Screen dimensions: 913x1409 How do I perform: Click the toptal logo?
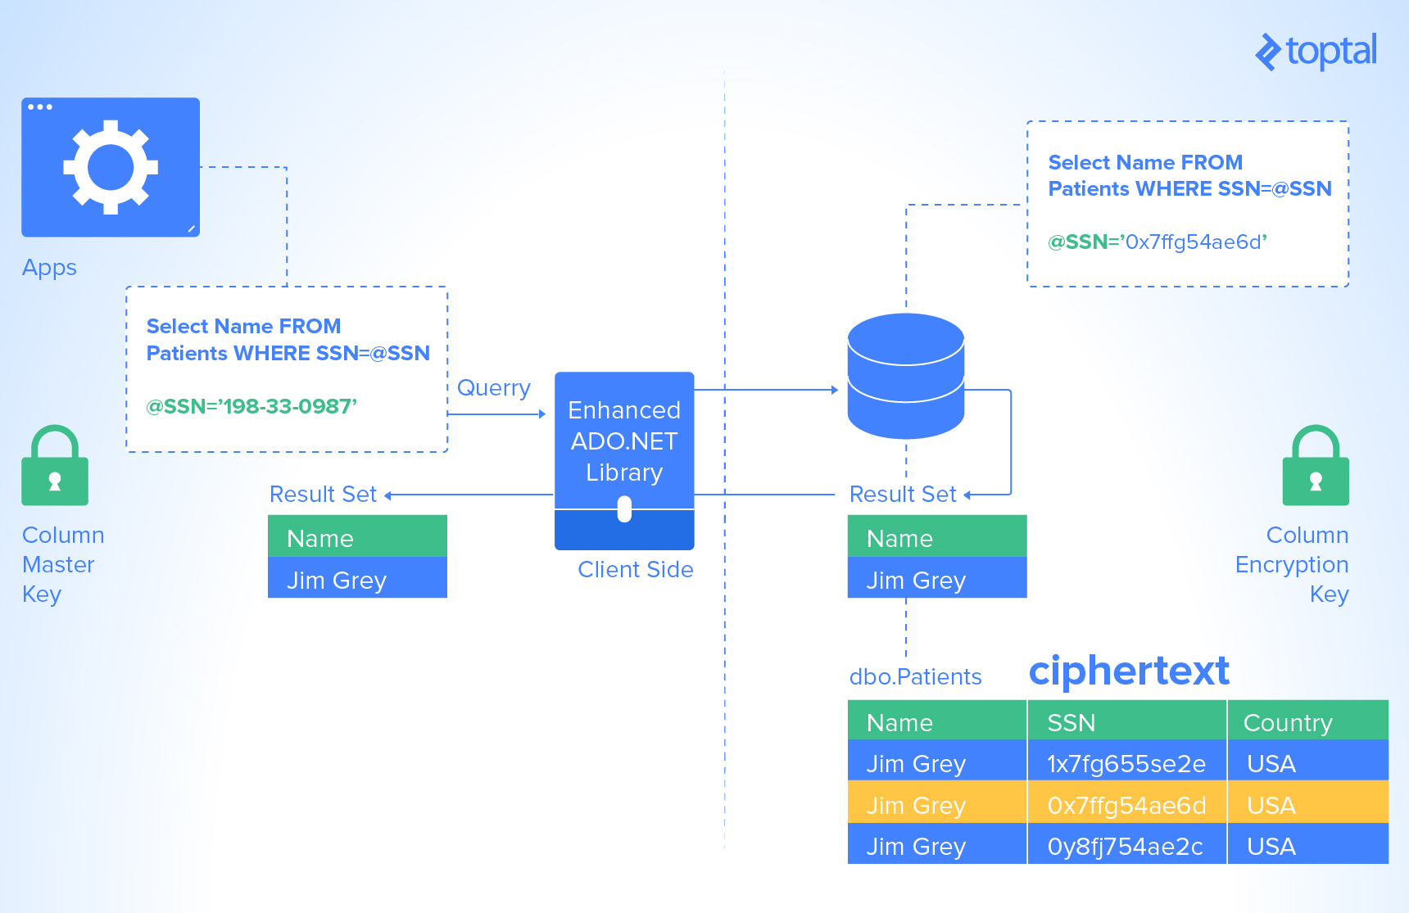pyautogui.click(x=1316, y=52)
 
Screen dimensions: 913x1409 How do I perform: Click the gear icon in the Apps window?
pyautogui.click(x=111, y=167)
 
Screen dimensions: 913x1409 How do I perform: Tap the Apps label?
pyautogui.click(x=49, y=268)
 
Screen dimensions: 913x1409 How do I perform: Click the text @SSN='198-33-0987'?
pyautogui.click(x=251, y=406)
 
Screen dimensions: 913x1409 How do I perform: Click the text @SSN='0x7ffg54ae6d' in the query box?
pyautogui.click(x=1157, y=242)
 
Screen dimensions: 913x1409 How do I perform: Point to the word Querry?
pyautogui.click(x=493, y=387)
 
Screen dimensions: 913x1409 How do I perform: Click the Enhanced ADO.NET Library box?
pyautogui.click(x=624, y=442)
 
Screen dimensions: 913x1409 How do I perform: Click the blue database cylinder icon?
pyautogui.click(x=905, y=376)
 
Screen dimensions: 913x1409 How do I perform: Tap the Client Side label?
pyautogui.click(x=635, y=569)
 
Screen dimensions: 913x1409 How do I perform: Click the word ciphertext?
pyautogui.click(x=1128, y=671)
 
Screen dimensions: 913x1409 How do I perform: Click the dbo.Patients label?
pyautogui.click(x=915, y=676)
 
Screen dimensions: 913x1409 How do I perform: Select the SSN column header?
pyautogui.click(x=1071, y=722)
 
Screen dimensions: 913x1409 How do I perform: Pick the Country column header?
pyautogui.click(x=1287, y=722)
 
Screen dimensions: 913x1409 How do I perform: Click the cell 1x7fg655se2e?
pyautogui.click(x=1126, y=763)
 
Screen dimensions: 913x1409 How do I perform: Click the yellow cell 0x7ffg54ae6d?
pyautogui.click(x=1126, y=805)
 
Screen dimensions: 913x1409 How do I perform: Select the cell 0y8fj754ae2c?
pyautogui.click(x=1124, y=846)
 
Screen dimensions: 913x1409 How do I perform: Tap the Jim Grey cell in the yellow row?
pyautogui.click(x=916, y=805)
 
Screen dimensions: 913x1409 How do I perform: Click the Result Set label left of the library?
pyautogui.click(x=323, y=494)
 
